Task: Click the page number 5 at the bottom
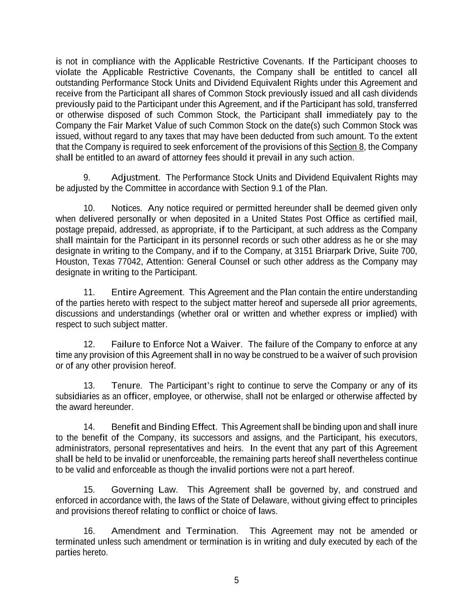pyautogui.click(x=236, y=580)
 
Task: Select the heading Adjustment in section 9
pyautogui.click(x=135, y=178)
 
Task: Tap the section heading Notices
pyautogui.click(x=126, y=208)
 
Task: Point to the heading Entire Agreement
pyautogui.click(x=147, y=292)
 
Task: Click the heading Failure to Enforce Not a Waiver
pyautogui.click(x=176, y=344)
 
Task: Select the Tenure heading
pyautogui.click(x=126, y=386)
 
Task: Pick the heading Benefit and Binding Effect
pyautogui.click(x=164, y=427)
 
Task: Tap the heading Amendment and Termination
pyautogui.click(x=174, y=531)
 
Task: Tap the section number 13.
pyautogui.click(x=89, y=386)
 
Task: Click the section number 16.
pyautogui.click(x=89, y=531)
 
